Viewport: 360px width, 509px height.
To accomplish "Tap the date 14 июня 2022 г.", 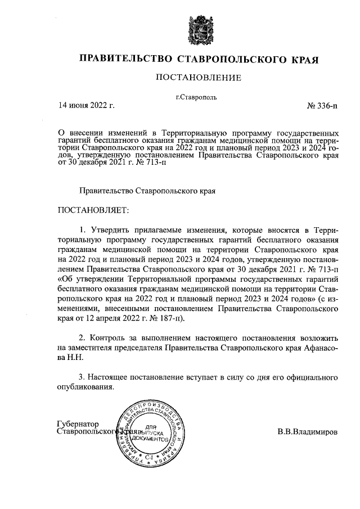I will [86, 105].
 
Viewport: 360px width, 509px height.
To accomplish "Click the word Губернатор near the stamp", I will [78, 424].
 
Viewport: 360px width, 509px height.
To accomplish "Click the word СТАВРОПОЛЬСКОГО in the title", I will [228, 58].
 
